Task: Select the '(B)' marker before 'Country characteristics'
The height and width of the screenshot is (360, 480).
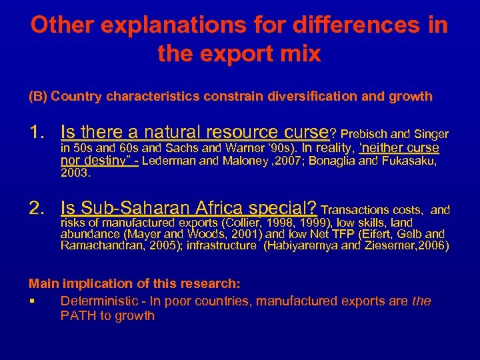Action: tap(38, 97)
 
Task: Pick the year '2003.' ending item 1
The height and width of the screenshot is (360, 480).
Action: tap(75, 173)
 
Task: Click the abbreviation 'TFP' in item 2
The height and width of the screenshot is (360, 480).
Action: tap(343, 234)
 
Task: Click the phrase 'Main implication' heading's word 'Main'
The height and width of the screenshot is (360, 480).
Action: tap(41, 284)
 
